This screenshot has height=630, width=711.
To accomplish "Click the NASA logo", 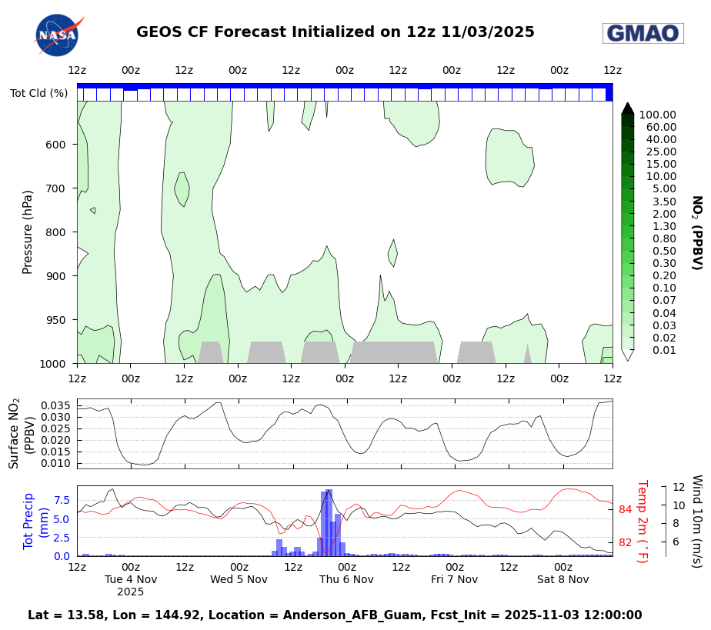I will [x=57, y=35].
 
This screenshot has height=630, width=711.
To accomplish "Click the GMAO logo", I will [x=643, y=33].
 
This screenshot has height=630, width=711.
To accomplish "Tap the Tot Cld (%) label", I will [x=38, y=93].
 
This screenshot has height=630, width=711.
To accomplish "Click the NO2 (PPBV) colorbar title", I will [x=696, y=232].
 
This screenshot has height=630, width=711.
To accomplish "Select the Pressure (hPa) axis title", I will [x=28, y=232].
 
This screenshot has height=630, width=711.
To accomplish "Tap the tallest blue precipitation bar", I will [x=329, y=523].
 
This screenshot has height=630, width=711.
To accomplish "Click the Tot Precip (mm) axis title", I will [x=36, y=522].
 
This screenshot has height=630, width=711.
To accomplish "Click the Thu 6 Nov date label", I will [x=346, y=579].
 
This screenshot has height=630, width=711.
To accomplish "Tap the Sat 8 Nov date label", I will [x=562, y=579].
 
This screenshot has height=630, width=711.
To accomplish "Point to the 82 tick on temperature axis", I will [x=625, y=542].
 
